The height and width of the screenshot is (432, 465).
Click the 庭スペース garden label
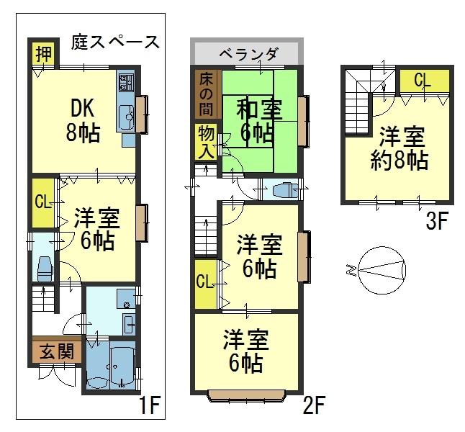click(115, 42)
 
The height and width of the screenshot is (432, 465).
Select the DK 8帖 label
click(85, 120)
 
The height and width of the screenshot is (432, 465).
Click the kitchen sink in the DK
click(127, 114)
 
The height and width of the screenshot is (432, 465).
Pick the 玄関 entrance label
click(55, 352)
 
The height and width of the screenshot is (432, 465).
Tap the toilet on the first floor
click(43, 267)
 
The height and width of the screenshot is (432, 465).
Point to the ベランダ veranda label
click(247, 53)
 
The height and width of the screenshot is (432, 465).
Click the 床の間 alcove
click(206, 94)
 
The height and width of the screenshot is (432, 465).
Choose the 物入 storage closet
click(206, 142)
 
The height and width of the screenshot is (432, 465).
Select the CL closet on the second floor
click(204, 282)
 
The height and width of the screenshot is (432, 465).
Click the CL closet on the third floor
click(422, 81)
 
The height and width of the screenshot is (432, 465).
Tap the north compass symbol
click(377, 270)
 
